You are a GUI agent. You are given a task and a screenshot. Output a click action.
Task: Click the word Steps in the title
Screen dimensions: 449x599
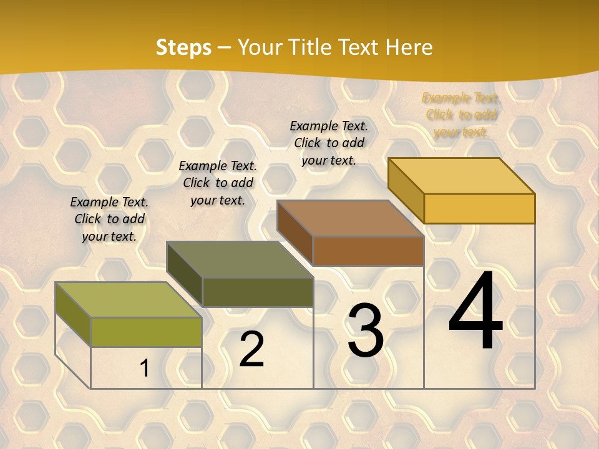coord(183,47)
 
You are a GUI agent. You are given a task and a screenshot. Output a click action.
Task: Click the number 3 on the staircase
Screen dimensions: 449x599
coord(365,331)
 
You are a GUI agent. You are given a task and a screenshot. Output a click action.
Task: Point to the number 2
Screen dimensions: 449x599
coord(251,349)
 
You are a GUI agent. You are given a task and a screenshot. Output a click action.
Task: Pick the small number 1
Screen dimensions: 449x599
coord(145,369)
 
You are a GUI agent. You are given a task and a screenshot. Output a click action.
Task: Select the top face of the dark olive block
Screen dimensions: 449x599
coord(240,259)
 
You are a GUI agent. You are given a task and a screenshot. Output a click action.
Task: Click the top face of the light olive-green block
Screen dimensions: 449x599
coord(129,300)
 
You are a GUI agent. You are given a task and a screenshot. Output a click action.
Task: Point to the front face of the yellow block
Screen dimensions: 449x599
coord(479,208)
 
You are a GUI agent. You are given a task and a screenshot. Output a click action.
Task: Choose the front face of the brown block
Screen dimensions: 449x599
coord(368,251)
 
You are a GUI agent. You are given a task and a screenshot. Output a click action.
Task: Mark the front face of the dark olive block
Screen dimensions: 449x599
coord(257,292)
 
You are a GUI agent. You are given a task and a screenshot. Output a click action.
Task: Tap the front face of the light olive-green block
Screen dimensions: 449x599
coord(146,332)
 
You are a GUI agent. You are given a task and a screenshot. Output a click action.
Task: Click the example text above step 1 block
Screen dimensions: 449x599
coord(109,219)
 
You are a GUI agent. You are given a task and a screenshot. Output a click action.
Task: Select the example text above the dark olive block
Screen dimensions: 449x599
coord(218,183)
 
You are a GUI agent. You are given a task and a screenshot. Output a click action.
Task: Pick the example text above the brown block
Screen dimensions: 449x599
coord(329,143)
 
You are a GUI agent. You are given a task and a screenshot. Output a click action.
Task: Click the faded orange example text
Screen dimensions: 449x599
coord(461,115)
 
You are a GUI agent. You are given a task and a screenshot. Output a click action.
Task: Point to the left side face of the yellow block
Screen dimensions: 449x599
coord(406,190)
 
